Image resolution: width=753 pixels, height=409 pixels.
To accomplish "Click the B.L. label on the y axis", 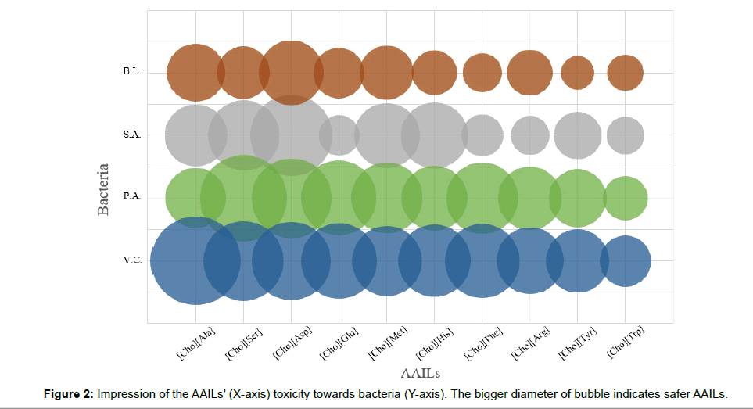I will click(x=131, y=72).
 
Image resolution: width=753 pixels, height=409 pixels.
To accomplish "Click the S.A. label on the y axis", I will click(x=131, y=135).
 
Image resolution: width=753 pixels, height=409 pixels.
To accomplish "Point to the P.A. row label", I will click(x=131, y=197).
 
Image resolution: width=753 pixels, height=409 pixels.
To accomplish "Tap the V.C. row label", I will click(x=131, y=260).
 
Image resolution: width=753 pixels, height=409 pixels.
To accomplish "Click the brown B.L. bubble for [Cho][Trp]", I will click(x=626, y=73).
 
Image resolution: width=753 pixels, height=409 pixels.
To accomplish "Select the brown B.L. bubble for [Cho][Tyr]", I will click(x=578, y=73).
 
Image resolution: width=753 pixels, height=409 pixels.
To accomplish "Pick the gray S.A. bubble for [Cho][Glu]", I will click(x=339, y=135).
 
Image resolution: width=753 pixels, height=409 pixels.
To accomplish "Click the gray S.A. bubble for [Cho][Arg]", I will click(x=530, y=135).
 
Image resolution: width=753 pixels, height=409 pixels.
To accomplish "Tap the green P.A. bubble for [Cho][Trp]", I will click(x=626, y=198).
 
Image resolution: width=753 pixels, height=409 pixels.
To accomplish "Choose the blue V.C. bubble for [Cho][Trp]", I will click(x=626, y=260).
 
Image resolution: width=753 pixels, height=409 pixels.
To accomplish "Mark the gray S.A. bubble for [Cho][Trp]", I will click(x=626, y=135).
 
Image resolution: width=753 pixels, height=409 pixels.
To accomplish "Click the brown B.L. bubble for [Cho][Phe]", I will click(x=482, y=73).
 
